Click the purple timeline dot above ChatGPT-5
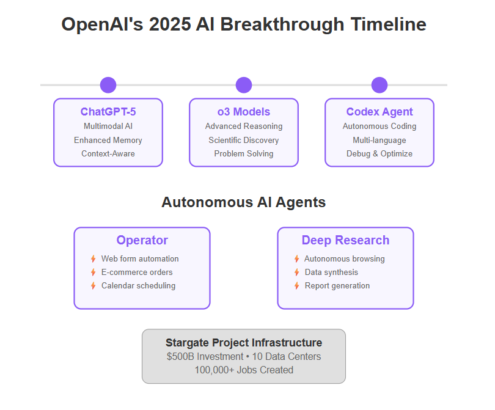coord(108,85)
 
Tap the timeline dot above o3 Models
coord(244,85)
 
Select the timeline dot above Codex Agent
coord(380,85)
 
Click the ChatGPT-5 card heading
coord(108,112)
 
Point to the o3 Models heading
coord(244,112)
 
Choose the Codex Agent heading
coord(380,112)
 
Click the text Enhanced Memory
coord(108,140)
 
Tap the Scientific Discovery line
coord(244,140)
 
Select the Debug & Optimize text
coord(380,154)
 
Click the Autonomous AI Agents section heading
coord(244,202)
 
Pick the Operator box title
coord(142,241)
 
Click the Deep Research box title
coord(345,241)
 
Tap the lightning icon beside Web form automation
coord(93,259)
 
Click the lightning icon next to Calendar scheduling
coord(93,285)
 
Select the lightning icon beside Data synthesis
coord(297,272)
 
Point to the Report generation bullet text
coord(337,286)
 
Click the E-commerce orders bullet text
coord(137,272)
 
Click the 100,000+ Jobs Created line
coord(244,370)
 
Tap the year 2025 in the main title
coord(170,24)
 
